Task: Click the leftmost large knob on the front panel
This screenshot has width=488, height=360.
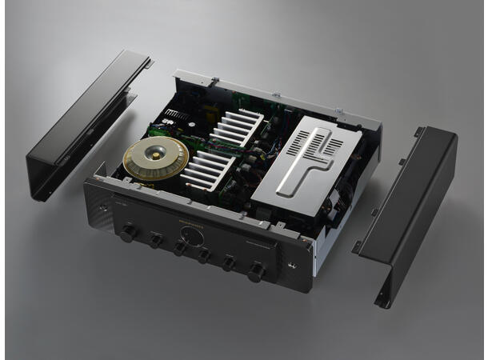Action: coord(127,232)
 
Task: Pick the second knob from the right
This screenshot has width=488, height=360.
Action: coord(229,262)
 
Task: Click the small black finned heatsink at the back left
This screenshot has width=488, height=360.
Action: coord(173,116)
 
